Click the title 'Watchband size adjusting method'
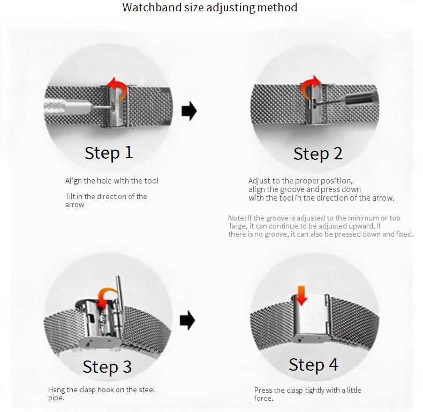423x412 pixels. (x=209, y=8)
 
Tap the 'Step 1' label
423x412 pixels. (x=109, y=153)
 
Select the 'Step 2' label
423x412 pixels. (x=318, y=154)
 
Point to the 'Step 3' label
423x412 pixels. (x=107, y=366)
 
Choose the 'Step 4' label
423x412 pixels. (x=313, y=365)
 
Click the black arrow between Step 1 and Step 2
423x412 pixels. (x=190, y=111)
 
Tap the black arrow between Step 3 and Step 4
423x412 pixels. (x=187, y=320)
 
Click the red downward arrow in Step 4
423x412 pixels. (x=301, y=295)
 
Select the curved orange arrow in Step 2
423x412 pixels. (x=309, y=86)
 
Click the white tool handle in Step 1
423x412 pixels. (x=67, y=107)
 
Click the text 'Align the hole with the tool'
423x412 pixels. (x=112, y=181)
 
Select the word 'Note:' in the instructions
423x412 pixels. (x=237, y=218)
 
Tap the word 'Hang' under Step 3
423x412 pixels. (x=56, y=389)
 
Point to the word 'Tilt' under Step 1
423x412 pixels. (x=70, y=196)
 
